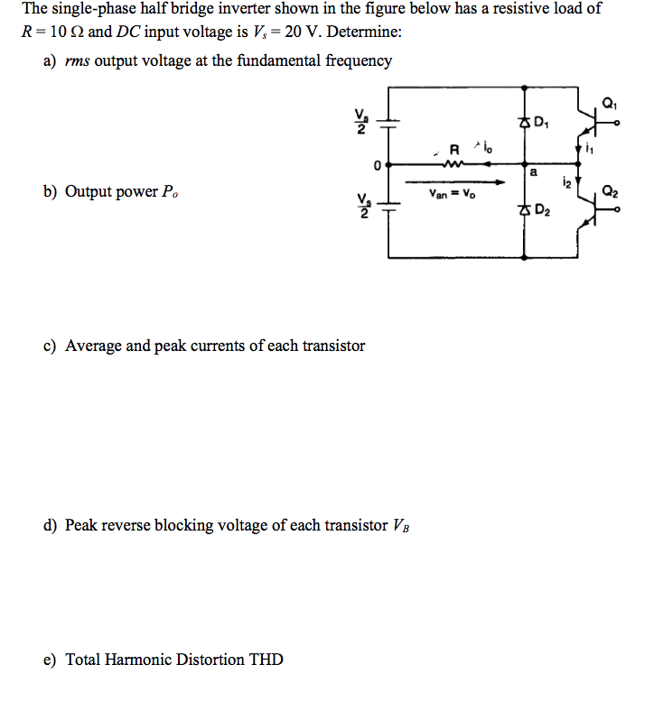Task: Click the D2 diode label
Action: click(x=543, y=212)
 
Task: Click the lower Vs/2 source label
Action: click(x=361, y=208)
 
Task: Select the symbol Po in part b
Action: click(x=170, y=192)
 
